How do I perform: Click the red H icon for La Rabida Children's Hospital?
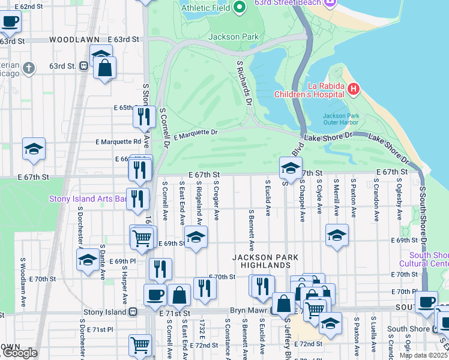click(x=354, y=90)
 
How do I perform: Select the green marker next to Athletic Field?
click(x=239, y=7)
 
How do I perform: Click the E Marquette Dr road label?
click(x=195, y=134)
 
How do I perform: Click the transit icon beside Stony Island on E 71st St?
click(x=133, y=312)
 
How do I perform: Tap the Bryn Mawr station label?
click(x=248, y=311)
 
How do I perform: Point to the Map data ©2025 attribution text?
click(x=424, y=355)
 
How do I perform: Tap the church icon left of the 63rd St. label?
click(x=28, y=67)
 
